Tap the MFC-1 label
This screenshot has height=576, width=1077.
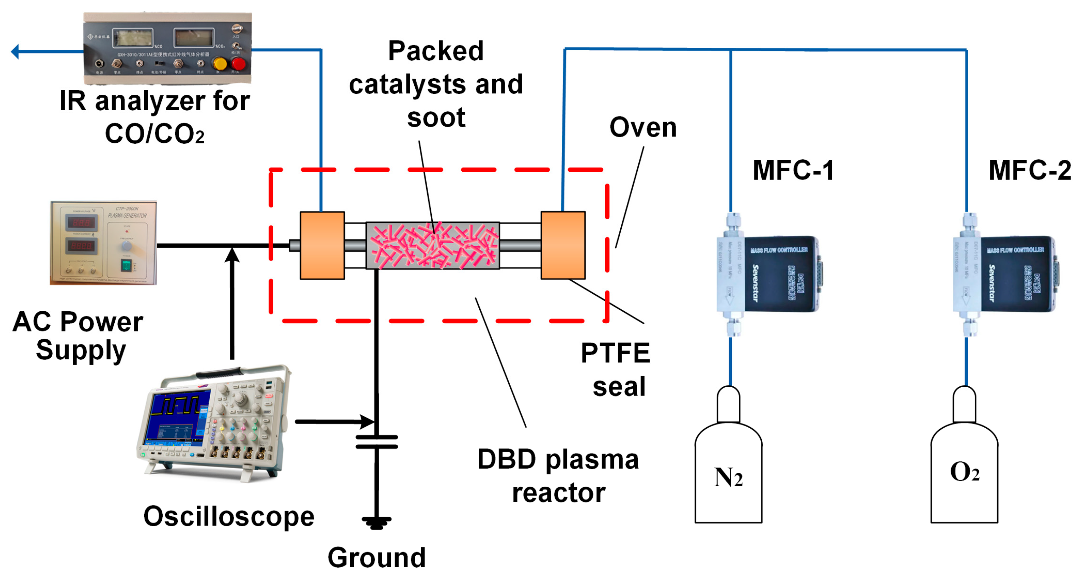[793, 170]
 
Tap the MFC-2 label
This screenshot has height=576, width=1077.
[1029, 170]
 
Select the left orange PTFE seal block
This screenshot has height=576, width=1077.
[322, 245]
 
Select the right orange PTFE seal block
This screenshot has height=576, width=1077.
[562, 245]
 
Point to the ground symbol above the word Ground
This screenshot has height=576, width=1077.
[376, 522]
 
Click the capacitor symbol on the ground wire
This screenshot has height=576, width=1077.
[376, 441]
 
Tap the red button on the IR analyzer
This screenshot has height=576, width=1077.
[238, 64]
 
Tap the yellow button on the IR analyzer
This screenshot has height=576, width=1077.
[220, 64]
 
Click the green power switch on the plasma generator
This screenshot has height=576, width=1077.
[126, 265]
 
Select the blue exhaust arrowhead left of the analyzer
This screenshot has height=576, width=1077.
[15, 51]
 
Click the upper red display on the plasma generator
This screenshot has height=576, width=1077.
[82, 223]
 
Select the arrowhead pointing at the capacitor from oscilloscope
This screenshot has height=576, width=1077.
[368, 421]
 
